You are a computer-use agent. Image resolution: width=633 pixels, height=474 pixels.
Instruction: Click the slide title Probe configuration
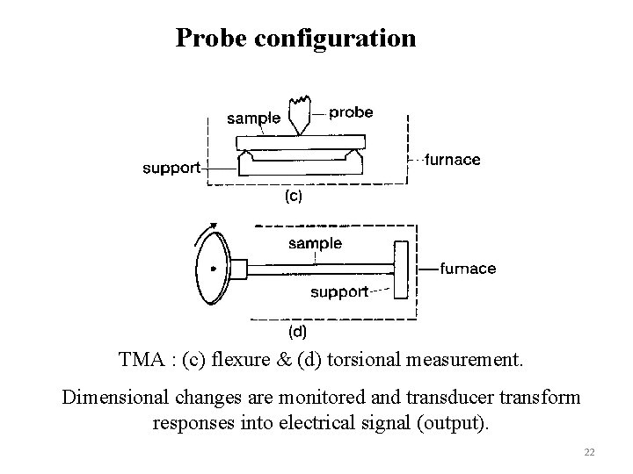[295, 39]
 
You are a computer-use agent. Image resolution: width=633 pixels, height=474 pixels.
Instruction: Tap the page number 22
[589, 452]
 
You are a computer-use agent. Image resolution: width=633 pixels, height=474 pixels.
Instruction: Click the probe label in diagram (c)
[351, 112]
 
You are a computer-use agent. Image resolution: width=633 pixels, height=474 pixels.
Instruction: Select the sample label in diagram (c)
[253, 118]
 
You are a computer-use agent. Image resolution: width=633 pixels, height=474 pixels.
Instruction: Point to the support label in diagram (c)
[172, 167]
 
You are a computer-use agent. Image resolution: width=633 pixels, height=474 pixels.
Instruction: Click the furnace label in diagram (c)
[452, 160]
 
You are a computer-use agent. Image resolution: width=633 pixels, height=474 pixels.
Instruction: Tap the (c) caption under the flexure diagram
[292, 197]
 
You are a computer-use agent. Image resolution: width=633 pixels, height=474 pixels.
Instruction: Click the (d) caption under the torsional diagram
[298, 331]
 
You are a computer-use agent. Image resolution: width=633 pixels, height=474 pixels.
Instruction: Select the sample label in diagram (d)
[316, 243]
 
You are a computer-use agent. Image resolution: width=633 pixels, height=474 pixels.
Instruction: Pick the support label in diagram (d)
[339, 292]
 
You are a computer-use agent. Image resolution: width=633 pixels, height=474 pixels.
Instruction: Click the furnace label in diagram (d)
[467, 269]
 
